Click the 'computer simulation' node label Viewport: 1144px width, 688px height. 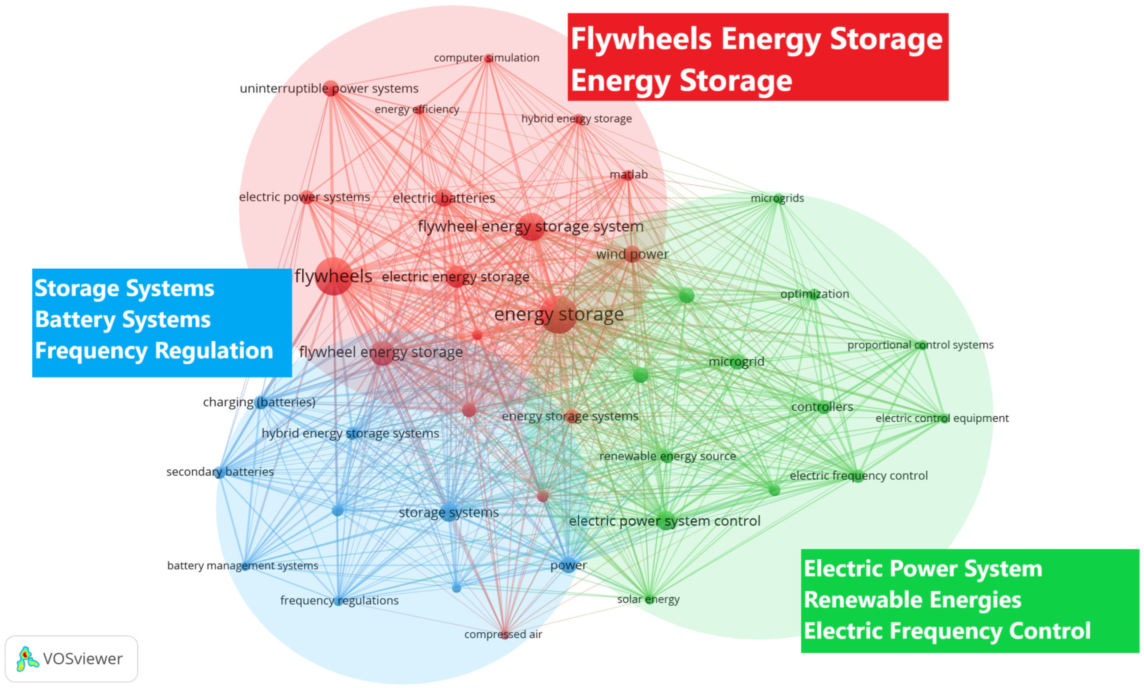point(486,58)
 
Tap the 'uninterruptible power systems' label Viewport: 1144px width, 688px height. point(329,88)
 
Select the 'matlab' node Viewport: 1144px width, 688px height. point(628,175)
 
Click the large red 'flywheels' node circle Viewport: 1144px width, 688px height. point(334,277)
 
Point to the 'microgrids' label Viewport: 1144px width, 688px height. point(777,198)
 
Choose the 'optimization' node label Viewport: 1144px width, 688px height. point(814,294)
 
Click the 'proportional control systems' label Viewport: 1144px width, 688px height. point(920,345)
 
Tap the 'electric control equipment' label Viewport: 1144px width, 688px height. point(942,418)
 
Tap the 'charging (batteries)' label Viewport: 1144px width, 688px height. point(259,402)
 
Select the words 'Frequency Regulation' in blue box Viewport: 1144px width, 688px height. point(154,351)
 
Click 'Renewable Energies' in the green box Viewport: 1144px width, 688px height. point(912,600)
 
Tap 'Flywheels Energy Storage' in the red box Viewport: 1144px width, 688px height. point(757,38)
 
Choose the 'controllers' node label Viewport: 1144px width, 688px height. point(822,407)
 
